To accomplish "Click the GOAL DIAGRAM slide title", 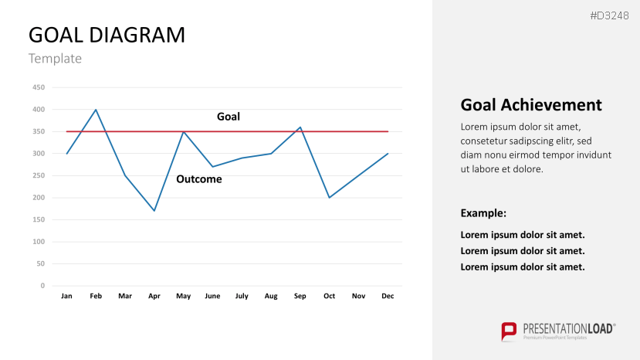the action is point(107,35).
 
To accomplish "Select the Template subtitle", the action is point(55,59).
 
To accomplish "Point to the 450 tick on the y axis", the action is point(39,87).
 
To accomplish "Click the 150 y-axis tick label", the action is point(39,219).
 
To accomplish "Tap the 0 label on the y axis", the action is point(42,286).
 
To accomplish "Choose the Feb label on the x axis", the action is point(96,296).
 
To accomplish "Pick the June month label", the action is point(212,296).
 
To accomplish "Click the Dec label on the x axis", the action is point(388,296).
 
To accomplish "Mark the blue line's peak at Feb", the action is point(96,110).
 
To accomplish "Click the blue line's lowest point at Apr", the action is point(154,211).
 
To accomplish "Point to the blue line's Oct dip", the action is point(330,198).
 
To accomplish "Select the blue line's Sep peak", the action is point(300,127).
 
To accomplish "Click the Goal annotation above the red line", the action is point(229,117).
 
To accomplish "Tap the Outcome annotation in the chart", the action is point(199,179).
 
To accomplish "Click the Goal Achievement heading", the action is point(531,105).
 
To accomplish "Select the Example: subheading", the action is point(483,213).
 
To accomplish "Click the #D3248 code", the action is point(609,16).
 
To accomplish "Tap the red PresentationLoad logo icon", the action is point(509,331).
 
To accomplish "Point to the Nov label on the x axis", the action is point(358,296).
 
